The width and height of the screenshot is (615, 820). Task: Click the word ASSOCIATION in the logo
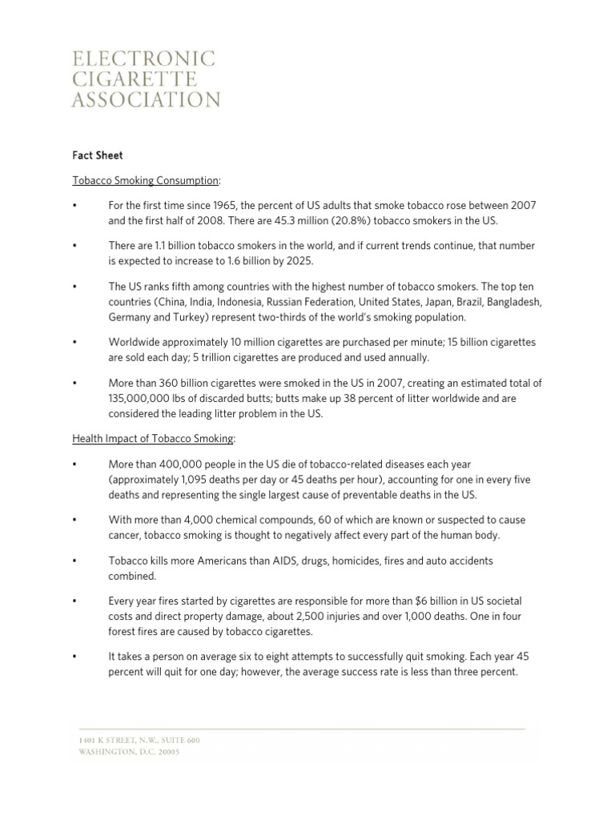tap(146, 100)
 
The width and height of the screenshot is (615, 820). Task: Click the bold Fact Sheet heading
tap(98, 155)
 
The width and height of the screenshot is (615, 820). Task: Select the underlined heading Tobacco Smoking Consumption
tap(145, 182)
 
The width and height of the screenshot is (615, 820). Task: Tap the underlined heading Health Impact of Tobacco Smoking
tap(153, 439)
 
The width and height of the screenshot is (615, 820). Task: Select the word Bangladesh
tap(513, 303)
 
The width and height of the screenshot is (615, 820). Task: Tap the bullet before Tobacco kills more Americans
tap(74, 561)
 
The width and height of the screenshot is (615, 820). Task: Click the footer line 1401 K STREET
tap(139, 741)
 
